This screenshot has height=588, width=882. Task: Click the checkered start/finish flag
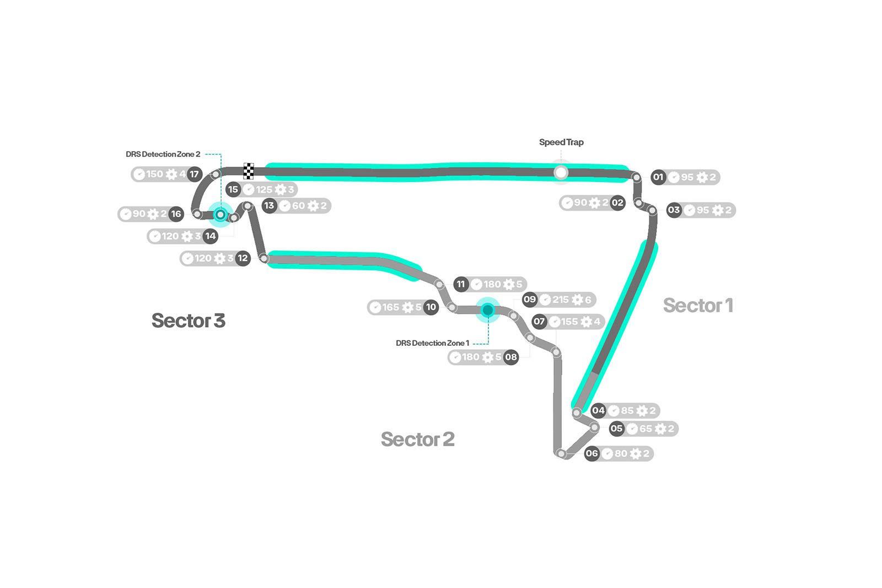point(249,171)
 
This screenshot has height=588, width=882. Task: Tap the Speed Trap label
point(561,142)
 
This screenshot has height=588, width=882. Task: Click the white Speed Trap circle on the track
point(561,173)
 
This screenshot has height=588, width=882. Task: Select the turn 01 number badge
point(658,177)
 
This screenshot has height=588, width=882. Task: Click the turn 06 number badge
point(591,453)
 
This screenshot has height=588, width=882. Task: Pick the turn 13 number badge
point(269,206)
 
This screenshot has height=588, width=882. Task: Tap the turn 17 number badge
point(194,174)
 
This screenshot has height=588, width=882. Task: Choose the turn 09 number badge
point(530,300)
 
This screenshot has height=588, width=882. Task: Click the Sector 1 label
point(698,305)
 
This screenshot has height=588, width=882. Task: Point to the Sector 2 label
point(417,439)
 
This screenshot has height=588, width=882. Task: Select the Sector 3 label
point(188,320)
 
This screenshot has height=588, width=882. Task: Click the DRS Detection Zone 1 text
point(433,343)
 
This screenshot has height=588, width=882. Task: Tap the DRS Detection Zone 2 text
point(163,154)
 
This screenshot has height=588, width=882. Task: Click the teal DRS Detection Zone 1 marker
point(487,311)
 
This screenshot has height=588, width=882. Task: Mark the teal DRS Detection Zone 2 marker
point(220,214)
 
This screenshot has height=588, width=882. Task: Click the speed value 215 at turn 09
point(561,300)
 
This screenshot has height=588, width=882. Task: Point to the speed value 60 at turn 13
point(298,206)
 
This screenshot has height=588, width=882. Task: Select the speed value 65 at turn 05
point(646,429)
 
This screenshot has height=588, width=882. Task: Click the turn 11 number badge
point(461,285)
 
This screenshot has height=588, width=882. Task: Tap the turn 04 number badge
point(598,410)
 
